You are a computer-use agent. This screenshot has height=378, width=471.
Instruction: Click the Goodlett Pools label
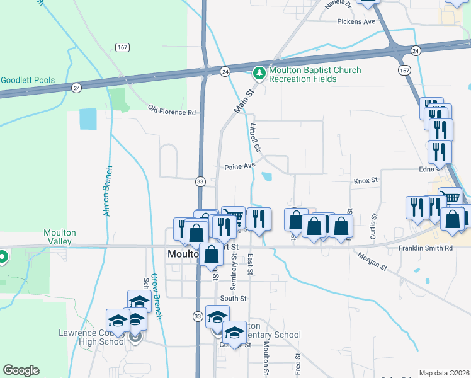pos(28,81)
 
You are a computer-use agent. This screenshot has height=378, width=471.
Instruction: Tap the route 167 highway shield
pos(122,47)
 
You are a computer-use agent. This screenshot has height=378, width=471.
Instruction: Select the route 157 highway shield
pos(404,70)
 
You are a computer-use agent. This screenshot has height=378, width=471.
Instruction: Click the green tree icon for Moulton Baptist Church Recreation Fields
pos(259,74)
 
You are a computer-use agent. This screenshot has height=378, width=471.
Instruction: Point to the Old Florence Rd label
pos(172,112)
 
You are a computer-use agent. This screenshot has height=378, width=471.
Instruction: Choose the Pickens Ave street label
pos(356,21)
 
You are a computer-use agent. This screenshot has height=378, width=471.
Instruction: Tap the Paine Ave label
pos(240,167)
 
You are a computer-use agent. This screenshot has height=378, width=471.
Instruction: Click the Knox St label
pos(365,180)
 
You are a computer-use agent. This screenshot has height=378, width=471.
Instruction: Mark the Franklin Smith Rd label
pos(426,248)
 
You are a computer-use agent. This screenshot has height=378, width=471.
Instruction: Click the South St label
pos(233,298)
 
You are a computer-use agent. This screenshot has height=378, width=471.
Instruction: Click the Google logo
pos(21,370)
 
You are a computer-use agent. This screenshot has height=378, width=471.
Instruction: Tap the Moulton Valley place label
pos(60,237)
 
